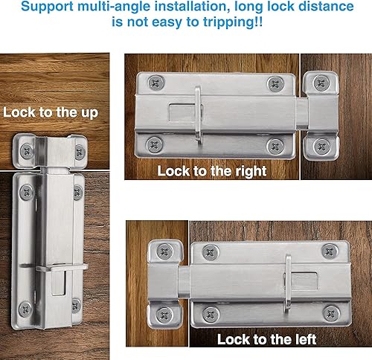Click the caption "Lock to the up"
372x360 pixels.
(x=51, y=112)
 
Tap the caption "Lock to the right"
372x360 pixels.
(x=212, y=171)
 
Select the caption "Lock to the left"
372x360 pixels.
(x=266, y=339)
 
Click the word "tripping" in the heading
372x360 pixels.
(x=228, y=22)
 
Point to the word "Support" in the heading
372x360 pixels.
(x=47, y=7)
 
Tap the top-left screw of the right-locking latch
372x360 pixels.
(x=156, y=83)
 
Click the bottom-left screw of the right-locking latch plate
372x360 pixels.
(x=155, y=144)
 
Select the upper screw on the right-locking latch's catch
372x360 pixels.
(x=321, y=83)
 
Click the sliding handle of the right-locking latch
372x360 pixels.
(x=198, y=115)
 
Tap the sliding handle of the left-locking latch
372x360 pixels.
(x=288, y=285)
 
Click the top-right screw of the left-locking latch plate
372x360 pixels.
(x=330, y=251)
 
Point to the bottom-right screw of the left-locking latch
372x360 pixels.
(x=331, y=314)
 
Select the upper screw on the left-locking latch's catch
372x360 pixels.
(x=164, y=251)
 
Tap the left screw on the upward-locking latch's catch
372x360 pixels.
(x=27, y=151)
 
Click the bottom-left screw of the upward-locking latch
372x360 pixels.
(x=25, y=309)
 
